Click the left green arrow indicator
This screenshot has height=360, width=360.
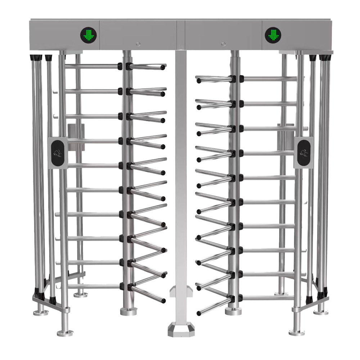(89, 35)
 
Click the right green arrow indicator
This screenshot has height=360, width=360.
(273, 35)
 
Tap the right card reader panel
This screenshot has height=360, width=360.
(303, 153)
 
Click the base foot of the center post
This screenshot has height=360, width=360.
(181, 329)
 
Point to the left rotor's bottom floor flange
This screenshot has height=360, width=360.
(129, 311)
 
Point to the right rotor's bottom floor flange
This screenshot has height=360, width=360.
(233, 310)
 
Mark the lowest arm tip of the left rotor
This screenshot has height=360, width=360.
(164, 300)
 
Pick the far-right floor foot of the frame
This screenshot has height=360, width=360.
(320, 311)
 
